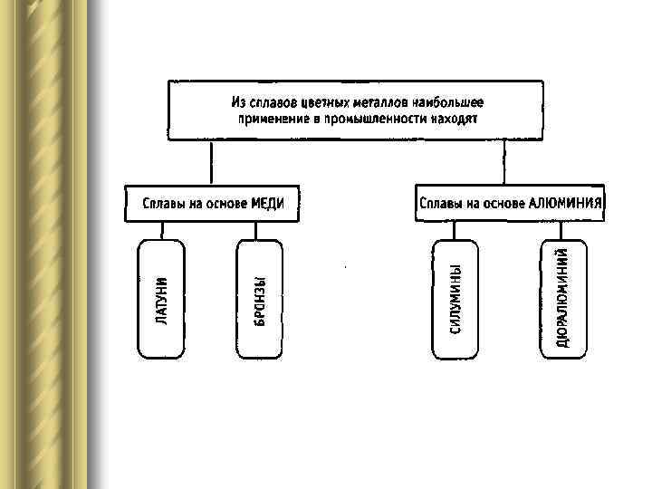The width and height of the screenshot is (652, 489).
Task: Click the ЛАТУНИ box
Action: pos(160,298)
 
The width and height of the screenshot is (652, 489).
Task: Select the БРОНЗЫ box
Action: pos(259,298)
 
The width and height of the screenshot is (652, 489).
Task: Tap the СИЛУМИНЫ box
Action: pos(456,298)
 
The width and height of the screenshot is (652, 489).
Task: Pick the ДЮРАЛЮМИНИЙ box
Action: pos(562,298)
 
